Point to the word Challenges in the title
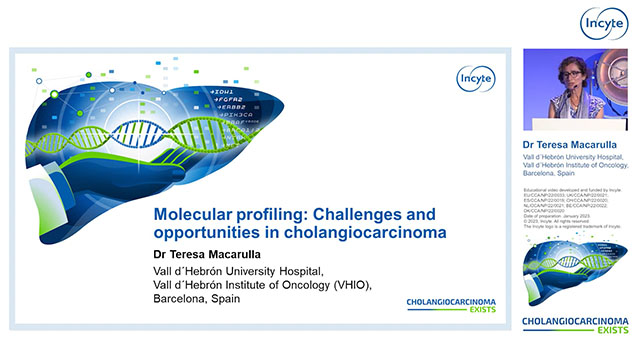[x=325, y=214]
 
